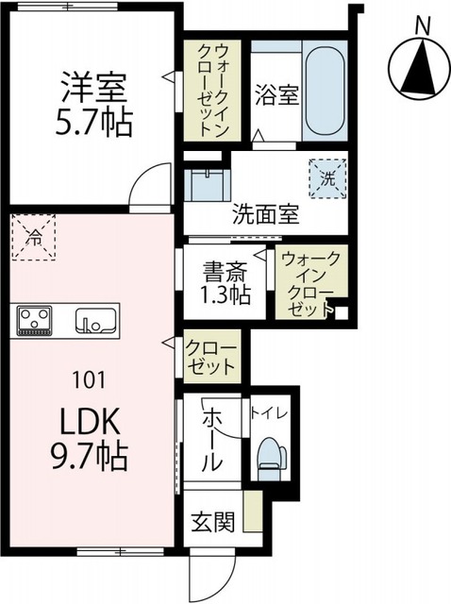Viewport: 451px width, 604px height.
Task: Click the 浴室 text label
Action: tap(276, 95)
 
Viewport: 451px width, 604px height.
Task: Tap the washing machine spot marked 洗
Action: tap(326, 175)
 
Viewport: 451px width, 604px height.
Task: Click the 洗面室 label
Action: tap(265, 213)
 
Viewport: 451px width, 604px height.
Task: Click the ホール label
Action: tap(212, 438)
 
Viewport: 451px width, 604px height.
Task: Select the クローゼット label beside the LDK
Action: tap(212, 355)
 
